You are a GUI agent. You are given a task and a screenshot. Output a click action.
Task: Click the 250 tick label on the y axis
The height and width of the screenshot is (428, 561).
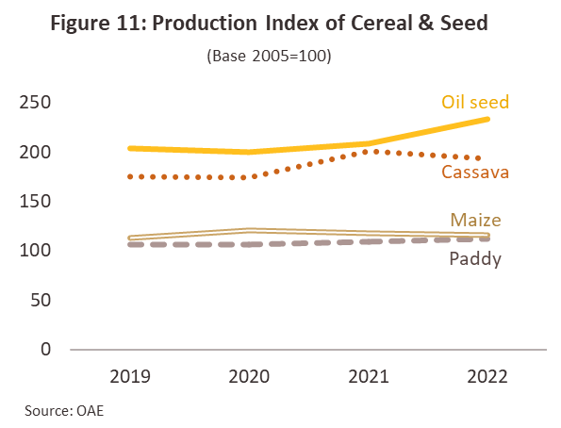(35, 103)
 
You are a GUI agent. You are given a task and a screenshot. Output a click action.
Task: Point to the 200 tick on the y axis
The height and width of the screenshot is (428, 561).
(35, 152)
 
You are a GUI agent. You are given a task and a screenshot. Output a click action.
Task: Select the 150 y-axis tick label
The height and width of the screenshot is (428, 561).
(35, 201)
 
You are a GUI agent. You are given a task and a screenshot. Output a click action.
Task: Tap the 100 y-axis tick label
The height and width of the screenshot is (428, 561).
(35, 250)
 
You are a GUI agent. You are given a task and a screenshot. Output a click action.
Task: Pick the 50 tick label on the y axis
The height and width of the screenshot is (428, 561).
(41, 300)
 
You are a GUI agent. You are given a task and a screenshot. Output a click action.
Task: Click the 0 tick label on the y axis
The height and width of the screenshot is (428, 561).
(46, 349)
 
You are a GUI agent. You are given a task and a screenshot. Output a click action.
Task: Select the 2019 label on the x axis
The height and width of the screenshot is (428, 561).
(130, 376)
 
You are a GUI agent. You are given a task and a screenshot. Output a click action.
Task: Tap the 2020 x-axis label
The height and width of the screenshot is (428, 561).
(249, 376)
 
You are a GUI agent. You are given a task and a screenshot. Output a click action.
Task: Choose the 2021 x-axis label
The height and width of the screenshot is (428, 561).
(368, 376)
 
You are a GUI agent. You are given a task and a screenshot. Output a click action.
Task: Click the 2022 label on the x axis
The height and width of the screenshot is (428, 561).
(487, 376)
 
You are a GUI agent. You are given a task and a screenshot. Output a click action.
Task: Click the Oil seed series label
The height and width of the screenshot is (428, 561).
(475, 102)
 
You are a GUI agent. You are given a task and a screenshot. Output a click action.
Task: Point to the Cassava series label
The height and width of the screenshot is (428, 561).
(475, 173)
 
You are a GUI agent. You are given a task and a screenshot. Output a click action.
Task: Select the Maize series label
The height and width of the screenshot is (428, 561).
(475, 220)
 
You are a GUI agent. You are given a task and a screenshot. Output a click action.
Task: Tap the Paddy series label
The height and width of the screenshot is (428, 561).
(475, 258)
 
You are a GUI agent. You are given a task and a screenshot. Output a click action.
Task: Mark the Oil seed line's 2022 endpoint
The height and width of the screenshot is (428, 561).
(487, 119)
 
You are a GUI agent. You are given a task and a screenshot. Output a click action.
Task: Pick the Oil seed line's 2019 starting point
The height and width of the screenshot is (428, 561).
(131, 148)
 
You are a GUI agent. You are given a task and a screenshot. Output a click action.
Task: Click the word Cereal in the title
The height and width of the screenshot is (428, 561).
(382, 23)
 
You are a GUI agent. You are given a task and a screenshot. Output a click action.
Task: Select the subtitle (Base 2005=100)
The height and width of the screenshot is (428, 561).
(269, 56)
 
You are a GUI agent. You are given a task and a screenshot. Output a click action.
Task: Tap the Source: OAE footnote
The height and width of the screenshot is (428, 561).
(64, 410)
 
